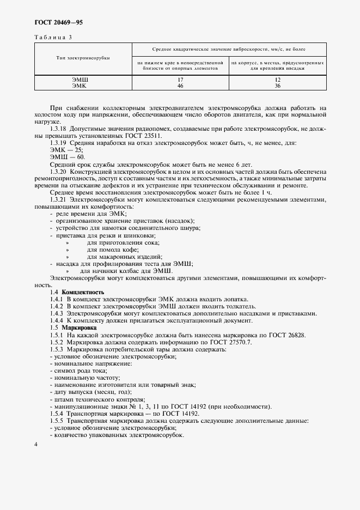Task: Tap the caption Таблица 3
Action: coord(53,37)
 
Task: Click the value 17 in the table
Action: coord(180,80)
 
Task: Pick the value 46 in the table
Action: coord(180,86)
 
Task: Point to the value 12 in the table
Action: coord(278,80)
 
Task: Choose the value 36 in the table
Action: coord(278,86)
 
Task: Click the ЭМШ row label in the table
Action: coord(80,80)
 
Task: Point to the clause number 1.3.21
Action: coord(58,200)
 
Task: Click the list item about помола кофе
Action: coord(109,249)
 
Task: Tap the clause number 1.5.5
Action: coord(57,421)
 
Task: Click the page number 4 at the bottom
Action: coord(35,445)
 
